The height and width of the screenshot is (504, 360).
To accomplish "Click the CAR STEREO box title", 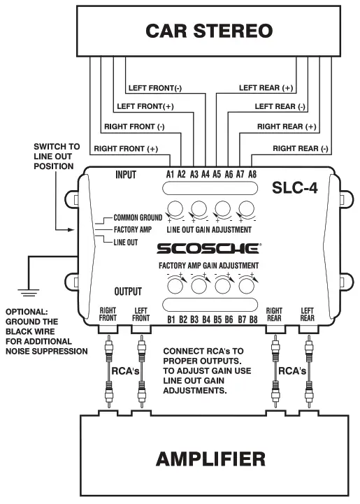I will tap(208, 31).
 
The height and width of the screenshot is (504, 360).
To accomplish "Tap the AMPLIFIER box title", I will tap(210, 459).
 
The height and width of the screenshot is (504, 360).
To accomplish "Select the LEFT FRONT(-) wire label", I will tap(155, 88).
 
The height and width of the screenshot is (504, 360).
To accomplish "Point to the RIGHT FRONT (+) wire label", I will tap(126, 148).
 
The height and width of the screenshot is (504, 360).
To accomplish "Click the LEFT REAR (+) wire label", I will tap(266, 88).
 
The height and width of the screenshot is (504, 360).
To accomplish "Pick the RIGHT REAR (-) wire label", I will tap(300, 148).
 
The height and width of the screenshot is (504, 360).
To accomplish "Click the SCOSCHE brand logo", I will tap(209, 248).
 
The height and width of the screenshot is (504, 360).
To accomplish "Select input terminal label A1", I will tap(170, 174).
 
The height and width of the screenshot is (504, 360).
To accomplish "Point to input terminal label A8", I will tap(252, 174).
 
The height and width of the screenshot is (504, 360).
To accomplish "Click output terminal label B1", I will tap(170, 320).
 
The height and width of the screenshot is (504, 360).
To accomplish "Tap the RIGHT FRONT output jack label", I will tap(108, 315).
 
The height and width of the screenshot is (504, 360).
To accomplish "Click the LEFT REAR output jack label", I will tap(308, 315).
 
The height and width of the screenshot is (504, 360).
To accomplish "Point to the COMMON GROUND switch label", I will tap(137, 217).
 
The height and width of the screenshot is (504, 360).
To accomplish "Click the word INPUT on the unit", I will tap(126, 175).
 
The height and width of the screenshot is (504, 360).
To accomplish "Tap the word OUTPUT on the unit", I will tap(128, 291).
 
